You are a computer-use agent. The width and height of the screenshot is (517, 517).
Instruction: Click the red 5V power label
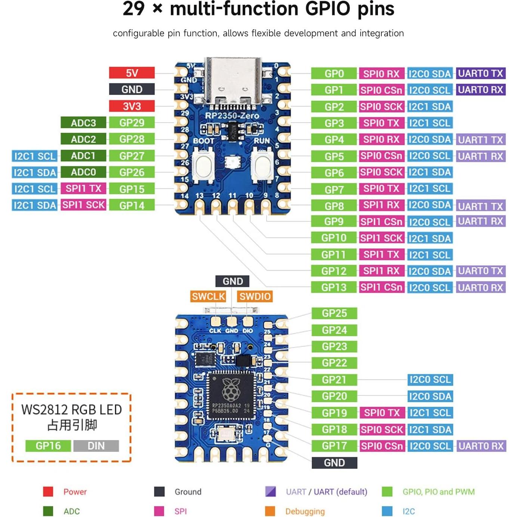[x=132, y=73]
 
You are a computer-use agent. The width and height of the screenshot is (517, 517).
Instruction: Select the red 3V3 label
[x=132, y=106]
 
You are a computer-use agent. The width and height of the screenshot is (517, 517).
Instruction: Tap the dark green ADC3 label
[x=83, y=123]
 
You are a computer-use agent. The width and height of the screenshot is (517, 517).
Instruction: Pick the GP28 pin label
[x=132, y=139]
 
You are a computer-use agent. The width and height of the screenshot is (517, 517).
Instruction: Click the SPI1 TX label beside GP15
[x=83, y=188]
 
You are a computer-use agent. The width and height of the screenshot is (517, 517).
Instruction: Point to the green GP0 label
[x=334, y=74]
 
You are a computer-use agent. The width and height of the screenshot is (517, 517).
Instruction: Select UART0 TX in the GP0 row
[x=480, y=74]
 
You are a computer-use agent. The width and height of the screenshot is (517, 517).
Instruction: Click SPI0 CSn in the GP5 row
[x=381, y=156]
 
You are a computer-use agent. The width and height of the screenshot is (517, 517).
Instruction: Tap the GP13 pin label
[x=334, y=287]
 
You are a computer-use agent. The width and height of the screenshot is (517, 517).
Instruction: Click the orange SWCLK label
[x=208, y=296]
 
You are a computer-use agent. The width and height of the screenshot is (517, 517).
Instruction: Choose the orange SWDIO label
[x=255, y=296]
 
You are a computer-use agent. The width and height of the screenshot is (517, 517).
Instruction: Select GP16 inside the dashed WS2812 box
[x=48, y=446]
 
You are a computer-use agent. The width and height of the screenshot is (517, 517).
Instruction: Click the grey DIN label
[x=96, y=446]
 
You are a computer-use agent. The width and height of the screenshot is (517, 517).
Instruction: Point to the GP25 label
[x=334, y=313]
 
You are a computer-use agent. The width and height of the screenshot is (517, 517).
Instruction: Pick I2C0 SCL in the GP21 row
[x=430, y=380]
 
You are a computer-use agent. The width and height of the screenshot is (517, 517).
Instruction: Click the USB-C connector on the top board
[x=233, y=80]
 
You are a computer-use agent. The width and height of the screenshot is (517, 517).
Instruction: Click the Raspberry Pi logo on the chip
[x=231, y=389]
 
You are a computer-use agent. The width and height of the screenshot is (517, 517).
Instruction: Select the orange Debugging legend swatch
[x=270, y=511]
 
